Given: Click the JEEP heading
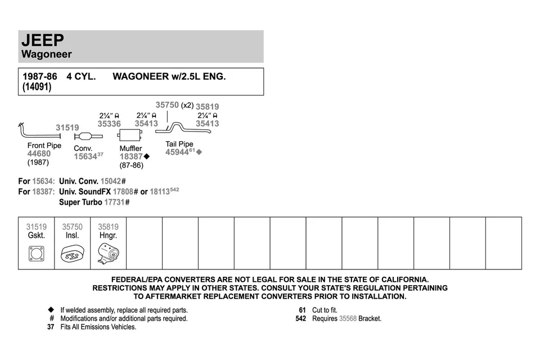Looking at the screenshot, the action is point(43,40).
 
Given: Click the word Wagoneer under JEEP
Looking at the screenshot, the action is point(47,55).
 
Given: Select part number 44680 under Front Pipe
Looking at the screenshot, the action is point(39,154).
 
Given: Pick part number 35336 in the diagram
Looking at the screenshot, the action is point(109,124).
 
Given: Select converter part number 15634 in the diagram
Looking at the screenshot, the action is point(85,157).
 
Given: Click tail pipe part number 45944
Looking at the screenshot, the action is point(177,152).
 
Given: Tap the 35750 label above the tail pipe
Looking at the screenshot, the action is point(166,105).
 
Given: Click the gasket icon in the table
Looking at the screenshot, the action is point(37,254).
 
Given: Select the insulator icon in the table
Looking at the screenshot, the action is point(72,254).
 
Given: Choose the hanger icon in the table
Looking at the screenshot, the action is point(108,255).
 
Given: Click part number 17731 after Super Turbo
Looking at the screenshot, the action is point(115,202).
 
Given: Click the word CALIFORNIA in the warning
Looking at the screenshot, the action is point(400,280).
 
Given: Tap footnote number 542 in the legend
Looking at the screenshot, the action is point(301,318).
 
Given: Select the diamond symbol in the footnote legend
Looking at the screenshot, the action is point(51,310).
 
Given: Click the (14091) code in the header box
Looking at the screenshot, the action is point(37,87).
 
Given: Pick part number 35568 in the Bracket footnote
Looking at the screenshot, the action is point(348,318).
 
